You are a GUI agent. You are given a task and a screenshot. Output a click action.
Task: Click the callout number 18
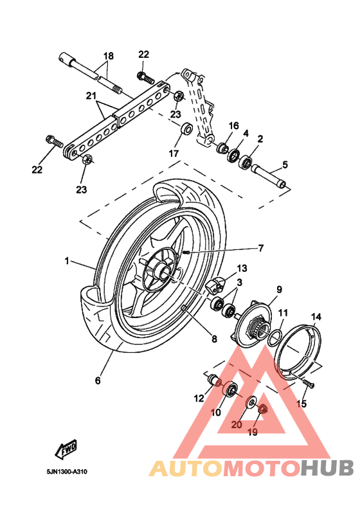click(107, 56)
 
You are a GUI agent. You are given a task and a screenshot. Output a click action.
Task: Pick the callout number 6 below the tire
click(98, 380)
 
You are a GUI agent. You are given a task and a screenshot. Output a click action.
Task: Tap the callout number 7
click(261, 247)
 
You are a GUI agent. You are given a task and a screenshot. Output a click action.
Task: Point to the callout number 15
click(301, 404)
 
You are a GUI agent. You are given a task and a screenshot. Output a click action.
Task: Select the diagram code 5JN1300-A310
click(67, 471)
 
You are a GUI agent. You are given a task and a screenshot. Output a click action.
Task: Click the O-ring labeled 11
click(273, 335)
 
